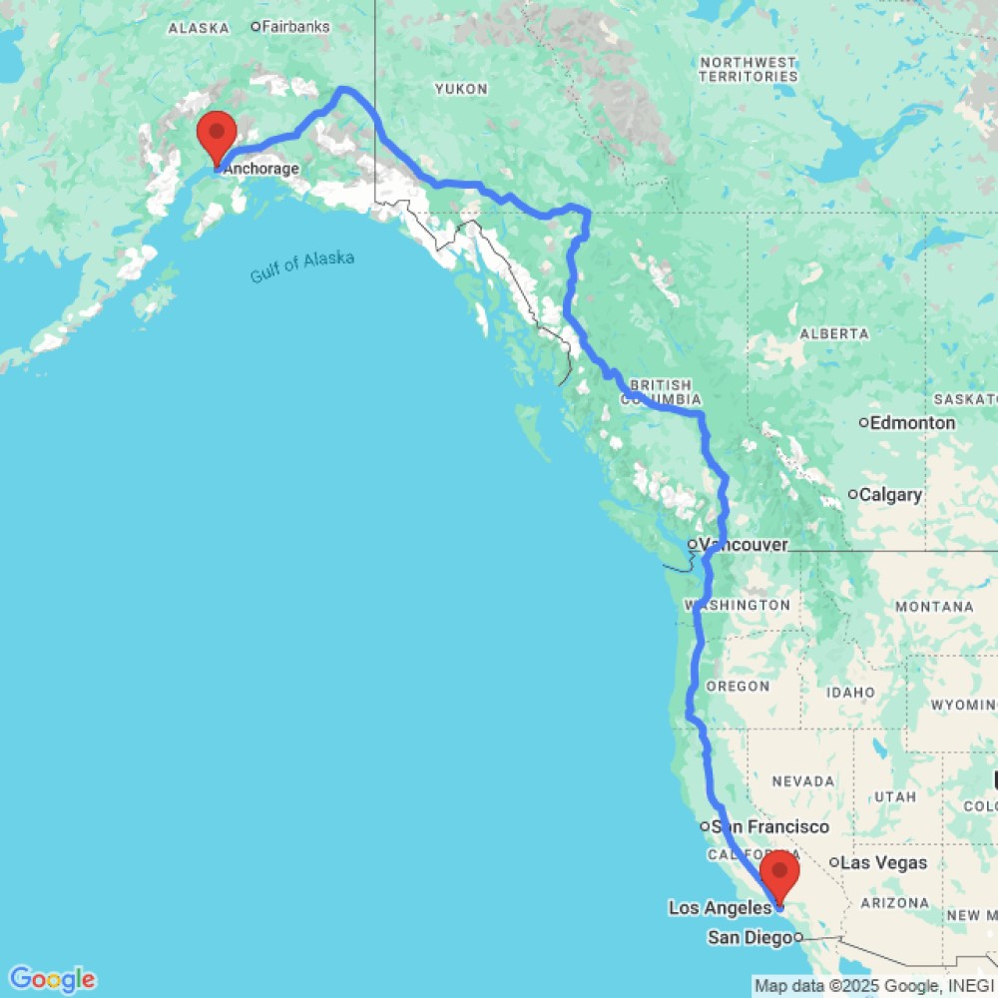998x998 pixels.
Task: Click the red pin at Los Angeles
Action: [x=779, y=875]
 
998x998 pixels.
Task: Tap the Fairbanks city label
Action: [x=295, y=27]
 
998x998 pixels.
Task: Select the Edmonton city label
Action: [x=912, y=422]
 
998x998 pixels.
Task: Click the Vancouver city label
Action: [x=744, y=545]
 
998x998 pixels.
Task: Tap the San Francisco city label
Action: [x=769, y=826]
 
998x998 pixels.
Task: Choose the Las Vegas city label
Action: [x=883, y=862]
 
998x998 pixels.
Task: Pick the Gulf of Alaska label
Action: [x=302, y=266]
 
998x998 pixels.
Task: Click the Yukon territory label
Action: [x=461, y=89]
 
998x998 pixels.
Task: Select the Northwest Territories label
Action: [x=748, y=69]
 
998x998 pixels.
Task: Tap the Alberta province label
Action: [x=833, y=332]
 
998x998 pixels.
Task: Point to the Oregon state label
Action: [x=738, y=686]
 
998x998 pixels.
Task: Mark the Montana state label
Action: [x=934, y=606]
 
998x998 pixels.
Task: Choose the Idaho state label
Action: [x=851, y=692]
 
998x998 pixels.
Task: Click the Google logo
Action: [x=52, y=979]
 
